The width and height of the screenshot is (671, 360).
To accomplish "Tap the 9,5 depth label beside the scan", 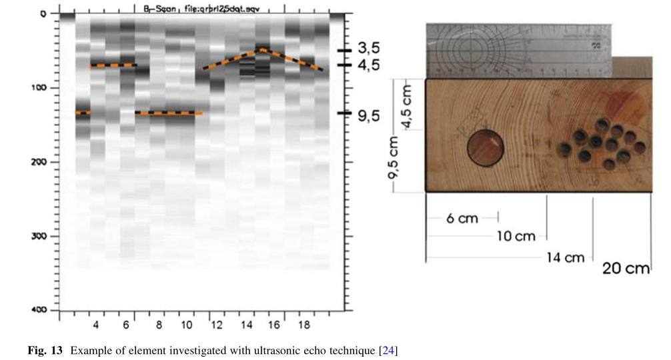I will pos(368,115).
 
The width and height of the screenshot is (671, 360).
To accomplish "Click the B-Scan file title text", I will pos(201,7).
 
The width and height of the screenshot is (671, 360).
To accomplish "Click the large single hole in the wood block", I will pos(485,147).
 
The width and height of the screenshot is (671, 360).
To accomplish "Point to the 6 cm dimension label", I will pos(462,218).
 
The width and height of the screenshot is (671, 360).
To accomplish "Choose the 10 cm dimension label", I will pos(516,237).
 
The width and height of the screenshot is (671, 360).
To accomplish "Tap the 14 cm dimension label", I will pos(564,257).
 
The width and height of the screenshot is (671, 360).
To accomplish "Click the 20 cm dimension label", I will pos(626,269).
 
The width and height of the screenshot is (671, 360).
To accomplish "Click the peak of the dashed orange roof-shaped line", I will pos(262,49).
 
